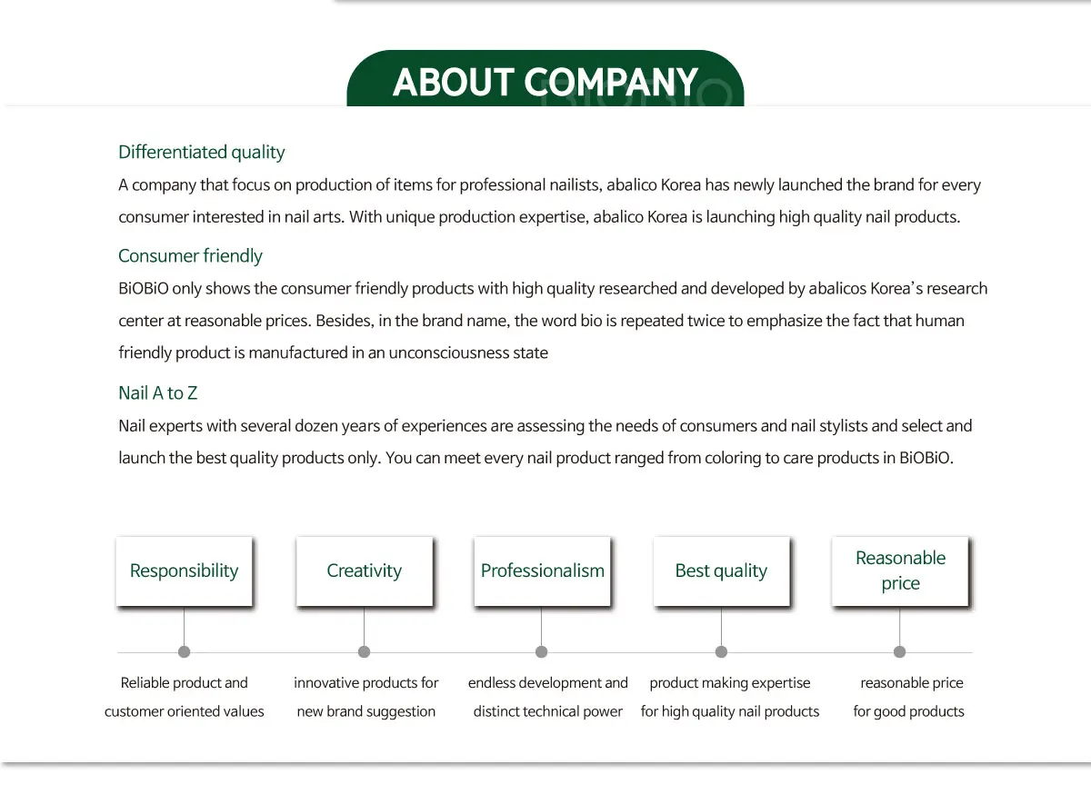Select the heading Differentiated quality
pyautogui.click(x=201, y=152)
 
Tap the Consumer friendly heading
pyautogui.click(x=190, y=255)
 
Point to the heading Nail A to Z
pyautogui.click(x=157, y=392)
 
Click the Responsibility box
pyautogui.click(x=184, y=571)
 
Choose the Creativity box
pyautogui.click(x=364, y=571)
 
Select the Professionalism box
pyautogui.click(x=542, y=571)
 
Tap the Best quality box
pyautogui.click(x=721, y=571)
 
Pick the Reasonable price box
pyautogui.click(x=900, y=571)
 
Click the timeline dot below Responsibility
pyautogui.click(x=184, y=651)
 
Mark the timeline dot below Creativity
pyautogui.click(x=364, y=651)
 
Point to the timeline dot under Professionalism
pyautogui.click(x=542, y=651)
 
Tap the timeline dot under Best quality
pyautogui.click(x=721, y=651)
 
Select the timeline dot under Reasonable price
pyautogui.click(x=899, y=651)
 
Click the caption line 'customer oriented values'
pyautogui.click(x=184, y=711)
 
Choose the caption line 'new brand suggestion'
pyautogui.click(x=365, y=711)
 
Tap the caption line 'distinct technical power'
pyautogui.click(x=547, y=711)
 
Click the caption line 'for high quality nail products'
pyautogui.click(x=729, y=711)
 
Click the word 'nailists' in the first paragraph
pyautogui.click(x=572, y=185)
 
